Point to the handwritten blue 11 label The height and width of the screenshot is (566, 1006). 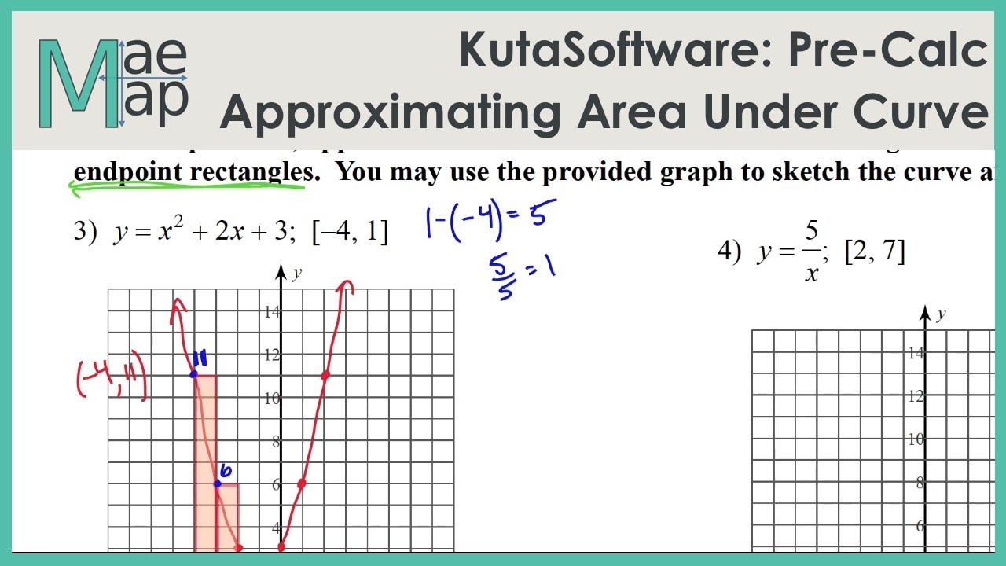[x=199, y=358]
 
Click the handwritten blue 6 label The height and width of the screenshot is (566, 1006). [x=225, y=471]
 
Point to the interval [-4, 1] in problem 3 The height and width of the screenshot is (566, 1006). [x=350, y=233]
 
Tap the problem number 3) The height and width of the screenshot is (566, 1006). [x=84, y=233]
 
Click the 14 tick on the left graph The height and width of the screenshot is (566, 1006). [x=271, y=312]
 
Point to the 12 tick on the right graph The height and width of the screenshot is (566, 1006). [x=916, y=396]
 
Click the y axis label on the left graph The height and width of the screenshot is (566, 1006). [x=297, y=274]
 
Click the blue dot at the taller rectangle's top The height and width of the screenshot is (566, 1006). [x=194, y=374]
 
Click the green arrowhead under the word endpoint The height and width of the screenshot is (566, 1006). [x=77, y=187]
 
